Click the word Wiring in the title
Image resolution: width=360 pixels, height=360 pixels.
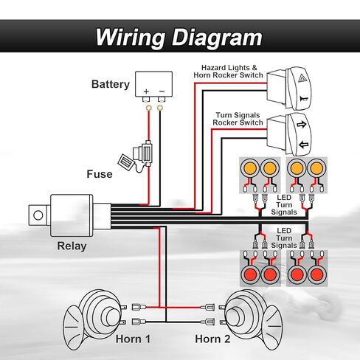(130, 38)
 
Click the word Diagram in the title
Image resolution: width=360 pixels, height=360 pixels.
(217, 38)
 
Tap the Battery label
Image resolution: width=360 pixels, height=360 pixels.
(111, 84)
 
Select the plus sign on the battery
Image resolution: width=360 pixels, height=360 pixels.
(146, 91)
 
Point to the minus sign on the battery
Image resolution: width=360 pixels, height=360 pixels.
(162, 91)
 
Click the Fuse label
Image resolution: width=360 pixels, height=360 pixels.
(100, 174)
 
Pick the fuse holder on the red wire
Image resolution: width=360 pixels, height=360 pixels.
(142, 153)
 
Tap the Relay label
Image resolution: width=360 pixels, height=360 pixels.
(72, 246)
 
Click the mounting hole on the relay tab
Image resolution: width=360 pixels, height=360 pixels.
(38, 215)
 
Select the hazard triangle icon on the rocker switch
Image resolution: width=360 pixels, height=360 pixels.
(302, 79)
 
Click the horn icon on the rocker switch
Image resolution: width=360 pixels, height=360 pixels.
(304, 99)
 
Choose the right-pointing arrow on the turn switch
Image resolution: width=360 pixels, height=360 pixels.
(302, 125)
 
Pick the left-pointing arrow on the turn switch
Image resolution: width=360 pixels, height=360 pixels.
(304, 145)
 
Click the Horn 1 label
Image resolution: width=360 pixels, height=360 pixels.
(133, 339)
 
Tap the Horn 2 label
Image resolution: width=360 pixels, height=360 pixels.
(212, 339)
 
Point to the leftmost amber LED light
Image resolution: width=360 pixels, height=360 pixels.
(250, 168)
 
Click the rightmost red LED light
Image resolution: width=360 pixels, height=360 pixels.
(316, 274)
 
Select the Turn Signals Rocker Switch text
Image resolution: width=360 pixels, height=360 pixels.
(238, 119)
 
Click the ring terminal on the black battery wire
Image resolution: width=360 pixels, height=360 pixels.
(160, 108)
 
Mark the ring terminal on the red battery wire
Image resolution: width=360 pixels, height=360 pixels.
(148, 108)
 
